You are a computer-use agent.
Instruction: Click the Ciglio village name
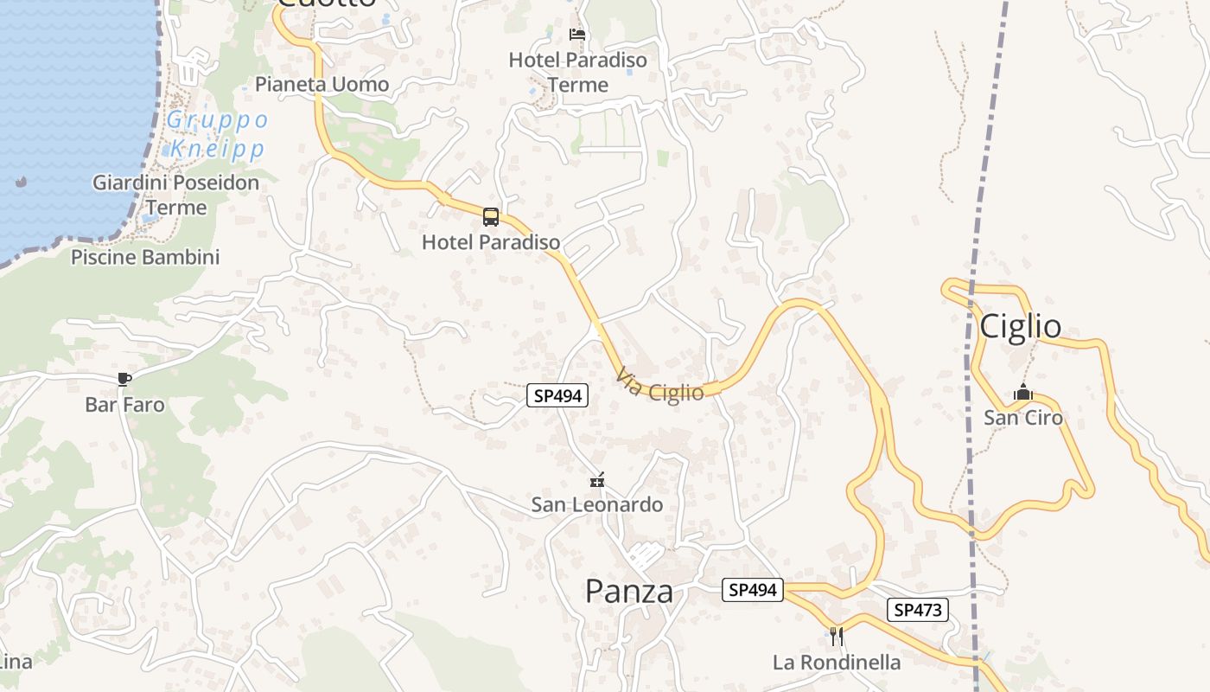[1020, 326]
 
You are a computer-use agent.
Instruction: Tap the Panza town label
[628, 592]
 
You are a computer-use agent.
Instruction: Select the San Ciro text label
[1023, 418]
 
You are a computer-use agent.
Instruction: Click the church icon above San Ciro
[1023, 394]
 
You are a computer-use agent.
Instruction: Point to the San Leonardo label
[596, 504]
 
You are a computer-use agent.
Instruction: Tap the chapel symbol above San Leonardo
[596, 480]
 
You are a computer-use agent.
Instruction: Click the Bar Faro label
[124, 404]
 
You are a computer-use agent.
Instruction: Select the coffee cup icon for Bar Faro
[124, 379]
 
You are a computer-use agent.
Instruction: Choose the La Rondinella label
[836, 663]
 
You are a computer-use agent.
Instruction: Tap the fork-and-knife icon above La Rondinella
[836, 637]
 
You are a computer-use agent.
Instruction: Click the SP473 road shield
[917, 610]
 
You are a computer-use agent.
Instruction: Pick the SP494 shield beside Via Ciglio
[557, 396]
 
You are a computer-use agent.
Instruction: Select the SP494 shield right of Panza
[752, 590]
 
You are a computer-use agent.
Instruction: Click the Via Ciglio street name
[660, 386]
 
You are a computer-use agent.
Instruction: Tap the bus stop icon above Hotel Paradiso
[490, 217]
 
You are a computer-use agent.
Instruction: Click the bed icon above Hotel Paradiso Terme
[577, 35]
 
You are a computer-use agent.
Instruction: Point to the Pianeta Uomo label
[322, 84]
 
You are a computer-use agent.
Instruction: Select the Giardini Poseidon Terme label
[175, 195]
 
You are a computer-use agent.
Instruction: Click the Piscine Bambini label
[145, 257]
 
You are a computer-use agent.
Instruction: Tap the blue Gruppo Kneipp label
[217, 134]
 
